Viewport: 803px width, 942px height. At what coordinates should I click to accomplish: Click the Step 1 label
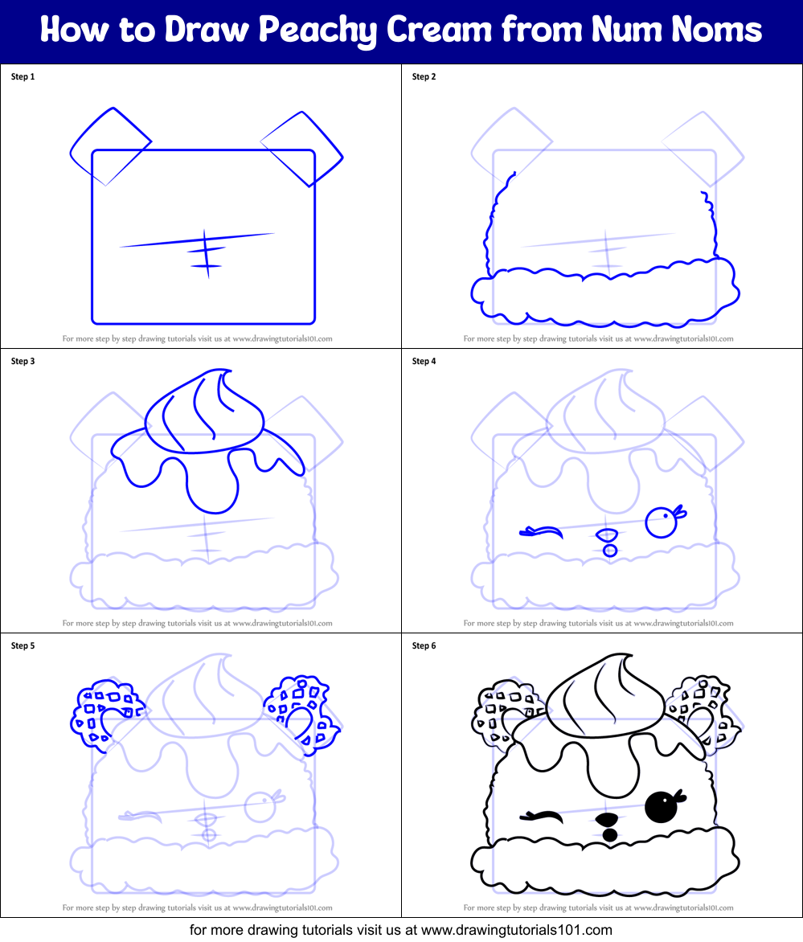23,77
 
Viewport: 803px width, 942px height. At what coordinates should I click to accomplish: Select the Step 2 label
424,77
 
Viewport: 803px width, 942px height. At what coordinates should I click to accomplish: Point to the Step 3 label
23,362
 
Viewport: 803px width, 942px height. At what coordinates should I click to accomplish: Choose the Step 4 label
424,362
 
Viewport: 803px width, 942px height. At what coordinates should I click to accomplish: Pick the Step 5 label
23,646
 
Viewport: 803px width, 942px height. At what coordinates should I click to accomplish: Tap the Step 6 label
424,646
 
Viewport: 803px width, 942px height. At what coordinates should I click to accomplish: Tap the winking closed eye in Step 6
540,817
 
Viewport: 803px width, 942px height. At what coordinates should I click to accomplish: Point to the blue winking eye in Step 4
540,531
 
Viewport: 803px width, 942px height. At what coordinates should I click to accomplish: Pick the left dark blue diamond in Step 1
110,146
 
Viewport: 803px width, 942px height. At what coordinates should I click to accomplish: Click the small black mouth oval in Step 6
609,834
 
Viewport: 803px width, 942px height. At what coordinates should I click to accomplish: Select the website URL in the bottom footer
516,930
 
